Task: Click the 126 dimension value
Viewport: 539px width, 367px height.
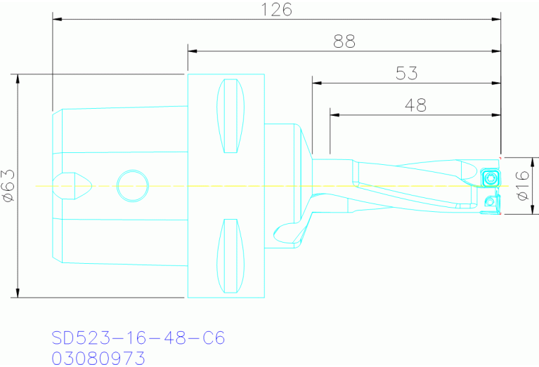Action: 275,9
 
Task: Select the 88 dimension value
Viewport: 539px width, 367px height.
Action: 344,41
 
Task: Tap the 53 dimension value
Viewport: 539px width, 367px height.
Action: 406,73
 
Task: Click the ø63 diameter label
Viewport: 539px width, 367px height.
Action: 8,185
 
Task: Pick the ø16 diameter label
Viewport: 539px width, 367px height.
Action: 523,186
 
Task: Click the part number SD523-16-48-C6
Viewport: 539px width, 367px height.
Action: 138,338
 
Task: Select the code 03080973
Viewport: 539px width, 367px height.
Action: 98,358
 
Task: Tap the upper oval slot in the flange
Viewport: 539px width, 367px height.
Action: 231,116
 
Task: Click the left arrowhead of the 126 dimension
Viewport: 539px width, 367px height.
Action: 58,20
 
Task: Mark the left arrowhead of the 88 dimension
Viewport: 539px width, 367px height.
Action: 193,51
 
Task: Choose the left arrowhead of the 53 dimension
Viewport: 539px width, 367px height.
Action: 318,83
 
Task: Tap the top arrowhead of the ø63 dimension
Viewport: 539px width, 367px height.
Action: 18,79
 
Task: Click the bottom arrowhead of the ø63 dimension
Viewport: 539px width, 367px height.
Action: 18,293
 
